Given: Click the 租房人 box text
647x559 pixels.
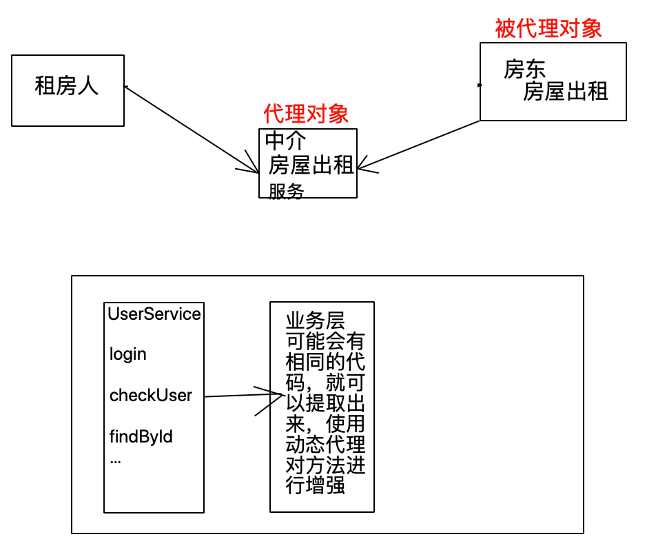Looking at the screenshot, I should click(x=67, y=86).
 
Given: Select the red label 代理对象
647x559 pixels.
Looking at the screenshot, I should click(x=306, y=114).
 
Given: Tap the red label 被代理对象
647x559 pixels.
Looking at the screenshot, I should click(x=548, y=28).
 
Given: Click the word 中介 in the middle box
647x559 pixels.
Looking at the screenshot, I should click(x=286, y=141).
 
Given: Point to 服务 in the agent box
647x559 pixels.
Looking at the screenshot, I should click(x=286, y=192).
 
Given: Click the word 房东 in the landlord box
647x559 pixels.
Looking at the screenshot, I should click(x=525, y=70).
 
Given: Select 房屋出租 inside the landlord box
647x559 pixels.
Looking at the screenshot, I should click(x=566, y=92).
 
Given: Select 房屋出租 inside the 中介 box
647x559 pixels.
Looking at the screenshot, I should click(x=311, y=165).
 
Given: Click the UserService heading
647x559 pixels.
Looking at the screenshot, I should click(x=154, y=314).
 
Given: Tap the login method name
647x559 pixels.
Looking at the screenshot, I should click(x=128, y=354).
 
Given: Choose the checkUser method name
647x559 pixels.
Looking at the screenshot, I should click(x=151, y=396).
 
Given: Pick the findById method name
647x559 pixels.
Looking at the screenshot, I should click(x=141, y=436).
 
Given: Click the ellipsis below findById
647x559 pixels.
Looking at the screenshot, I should click(x=115, y=460).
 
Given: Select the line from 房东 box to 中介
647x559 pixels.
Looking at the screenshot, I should click(x=420, y=144).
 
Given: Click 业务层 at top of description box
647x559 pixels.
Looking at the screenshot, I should click(x=316, y=322).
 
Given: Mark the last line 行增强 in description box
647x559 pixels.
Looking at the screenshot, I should click(x=316, y=486).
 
